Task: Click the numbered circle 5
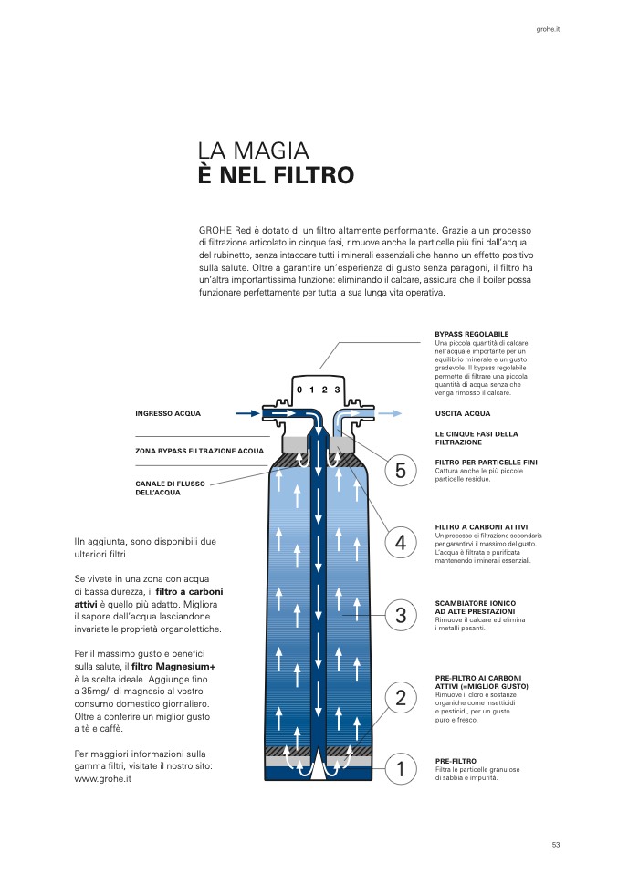click(400, 471)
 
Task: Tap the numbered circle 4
click(400, 543)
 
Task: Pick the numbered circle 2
click(400, 698)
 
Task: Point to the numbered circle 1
click(400, 768)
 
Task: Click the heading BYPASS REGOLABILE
click(471, 335)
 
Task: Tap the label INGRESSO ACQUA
click(168, 413)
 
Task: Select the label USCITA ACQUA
click(463, 413)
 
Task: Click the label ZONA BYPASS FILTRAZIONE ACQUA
click(199, 451)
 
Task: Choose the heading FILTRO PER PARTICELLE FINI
click(486, 463)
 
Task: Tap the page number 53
click(555, 844)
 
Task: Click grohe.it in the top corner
click(548, 30)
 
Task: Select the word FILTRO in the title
click(309, 175)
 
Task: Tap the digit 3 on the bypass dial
click(337, 390)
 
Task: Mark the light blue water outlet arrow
click(387, 413)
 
